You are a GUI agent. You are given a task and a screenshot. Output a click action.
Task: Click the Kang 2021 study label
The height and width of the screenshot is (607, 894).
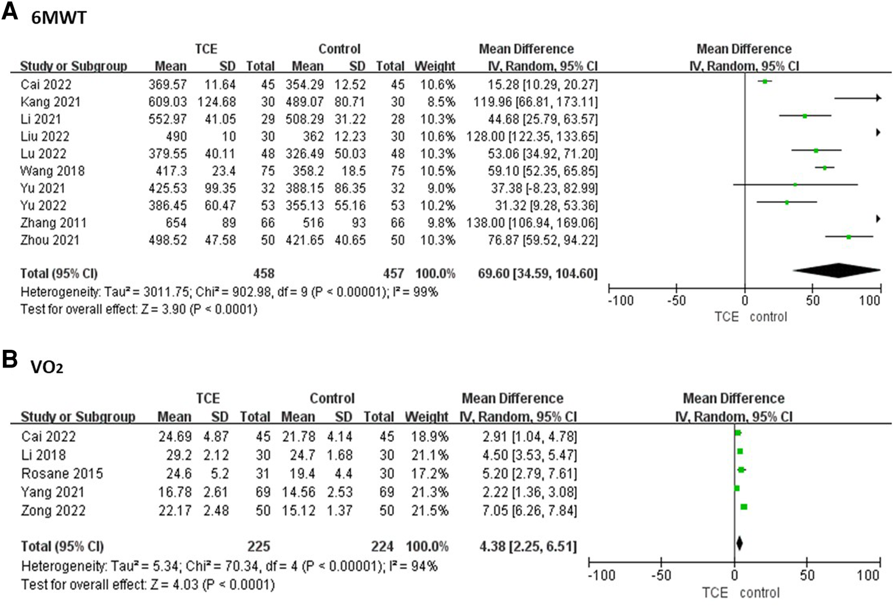point(50,102)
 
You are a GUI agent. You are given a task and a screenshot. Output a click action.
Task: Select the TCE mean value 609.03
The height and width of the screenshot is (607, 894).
point(167,102)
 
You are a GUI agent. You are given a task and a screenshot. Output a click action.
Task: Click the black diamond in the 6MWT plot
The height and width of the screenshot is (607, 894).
point(836,271)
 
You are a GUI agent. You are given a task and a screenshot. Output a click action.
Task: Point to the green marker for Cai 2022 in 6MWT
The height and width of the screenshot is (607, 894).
point(765,81)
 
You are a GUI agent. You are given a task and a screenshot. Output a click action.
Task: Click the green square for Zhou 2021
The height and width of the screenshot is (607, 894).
point(849,237)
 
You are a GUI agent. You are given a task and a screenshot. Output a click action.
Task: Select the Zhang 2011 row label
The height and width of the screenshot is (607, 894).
point(53,223)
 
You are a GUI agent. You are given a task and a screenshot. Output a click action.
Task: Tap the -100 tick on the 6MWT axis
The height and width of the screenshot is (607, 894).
point(620,301)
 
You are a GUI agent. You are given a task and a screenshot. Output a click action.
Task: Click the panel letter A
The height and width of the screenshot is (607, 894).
point(10,11)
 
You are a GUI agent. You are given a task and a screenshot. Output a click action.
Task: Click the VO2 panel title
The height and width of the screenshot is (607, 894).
point(47,367)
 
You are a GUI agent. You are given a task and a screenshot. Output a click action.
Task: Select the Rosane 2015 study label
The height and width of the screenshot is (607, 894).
point(62,474)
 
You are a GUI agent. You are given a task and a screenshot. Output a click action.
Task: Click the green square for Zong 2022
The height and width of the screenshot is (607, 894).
point(744,507)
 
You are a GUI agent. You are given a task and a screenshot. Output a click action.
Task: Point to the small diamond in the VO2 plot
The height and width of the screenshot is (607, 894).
point(739,543)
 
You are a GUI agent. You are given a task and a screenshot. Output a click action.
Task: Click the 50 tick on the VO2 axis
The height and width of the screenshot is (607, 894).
point(807,575)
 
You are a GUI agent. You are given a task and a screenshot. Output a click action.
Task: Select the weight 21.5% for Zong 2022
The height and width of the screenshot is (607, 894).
point(429,510)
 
